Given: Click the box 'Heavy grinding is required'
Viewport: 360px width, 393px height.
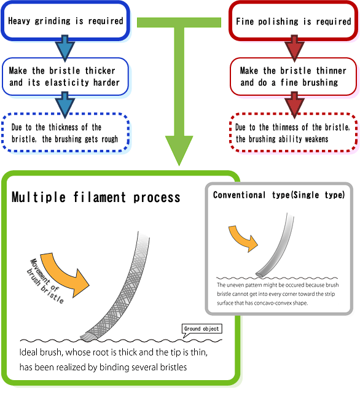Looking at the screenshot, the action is coord(66,21).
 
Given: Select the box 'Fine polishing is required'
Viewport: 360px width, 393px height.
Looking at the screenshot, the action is coord(293,21).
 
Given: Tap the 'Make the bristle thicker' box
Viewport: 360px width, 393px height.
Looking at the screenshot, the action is coord(66,76).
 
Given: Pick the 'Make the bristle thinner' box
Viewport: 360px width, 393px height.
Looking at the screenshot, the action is coord(293,76).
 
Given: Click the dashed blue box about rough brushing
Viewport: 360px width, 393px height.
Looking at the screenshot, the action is coord(66,133).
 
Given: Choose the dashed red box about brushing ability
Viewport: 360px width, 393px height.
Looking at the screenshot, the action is coord(293,133).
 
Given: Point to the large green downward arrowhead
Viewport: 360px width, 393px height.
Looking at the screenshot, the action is coord(179,150).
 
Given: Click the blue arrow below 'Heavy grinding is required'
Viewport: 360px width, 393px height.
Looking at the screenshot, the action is coord(65,49).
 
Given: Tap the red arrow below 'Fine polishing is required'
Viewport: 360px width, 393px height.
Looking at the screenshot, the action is coord(294,49).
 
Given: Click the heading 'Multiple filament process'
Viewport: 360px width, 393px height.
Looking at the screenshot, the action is coord(96,197).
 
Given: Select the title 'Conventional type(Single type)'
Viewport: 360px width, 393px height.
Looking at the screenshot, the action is coord(279,195).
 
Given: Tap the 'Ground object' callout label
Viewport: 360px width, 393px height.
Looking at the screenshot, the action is coord(202,329).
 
